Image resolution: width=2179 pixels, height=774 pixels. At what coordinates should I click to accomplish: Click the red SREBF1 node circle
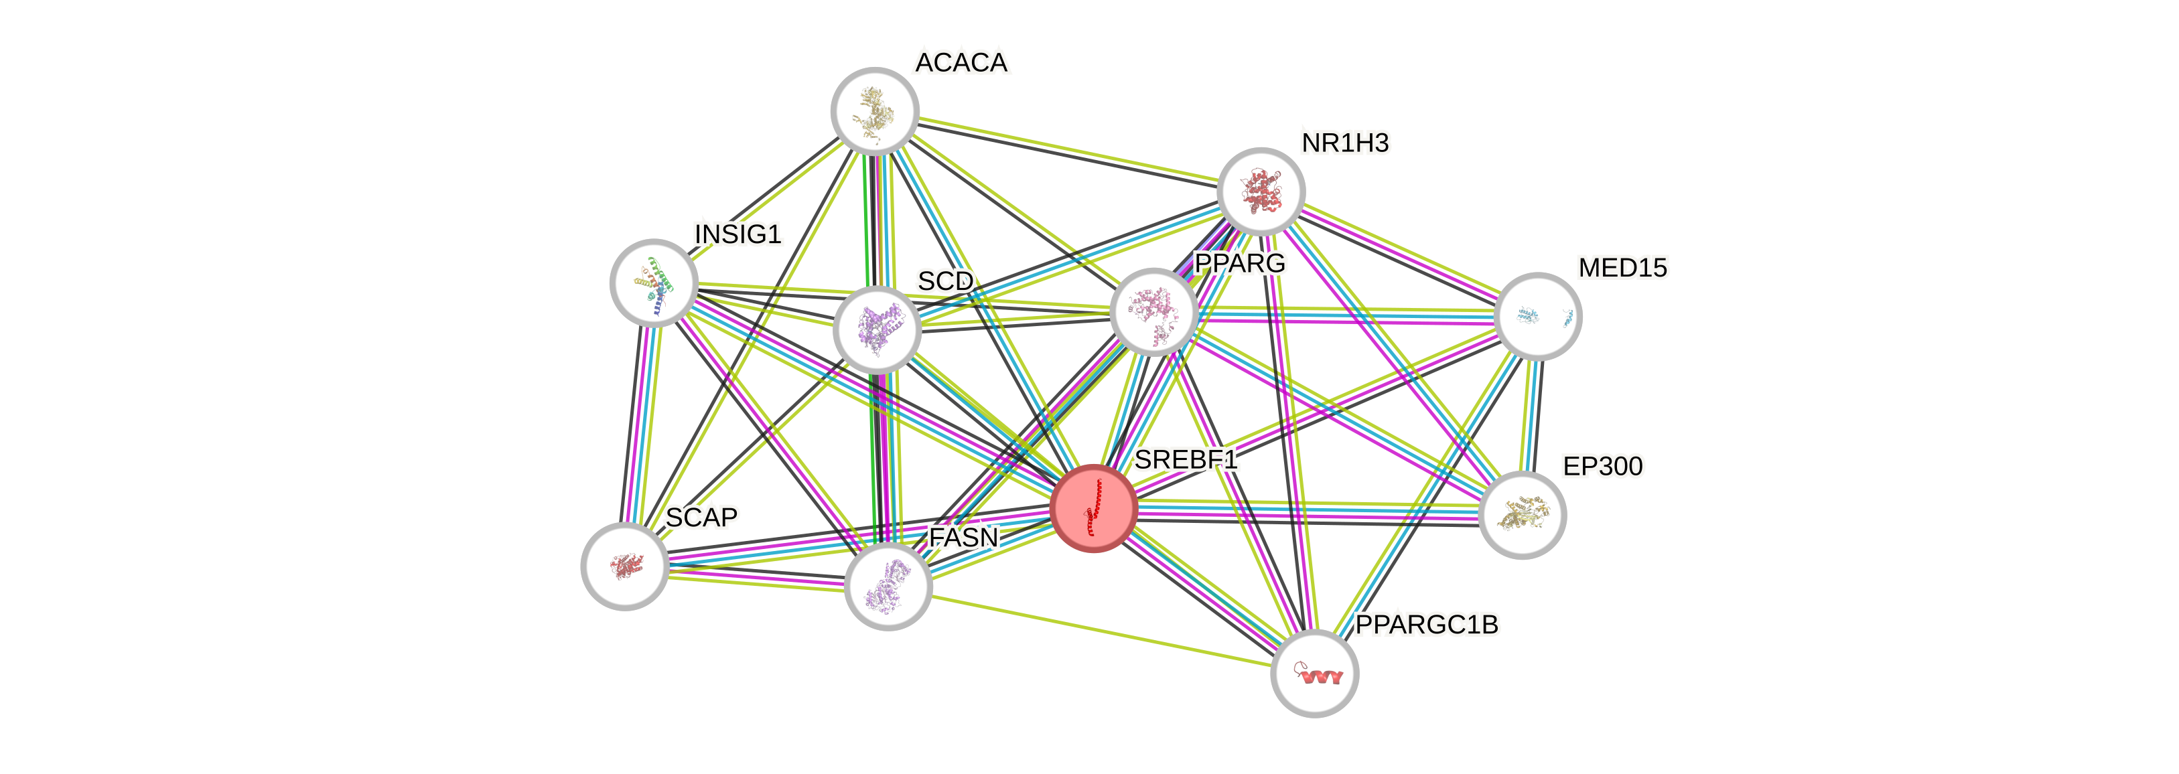pyautogui.click(x=1093, y=508)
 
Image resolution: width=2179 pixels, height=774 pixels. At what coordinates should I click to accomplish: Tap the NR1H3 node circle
pyautogui.click(x=1261, y=191)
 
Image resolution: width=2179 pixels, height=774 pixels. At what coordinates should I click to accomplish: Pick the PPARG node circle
pyautogui.click(x=1152, y=311)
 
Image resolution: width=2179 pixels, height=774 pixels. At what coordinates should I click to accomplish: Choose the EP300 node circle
pyautogui.click(x=1523, y=514)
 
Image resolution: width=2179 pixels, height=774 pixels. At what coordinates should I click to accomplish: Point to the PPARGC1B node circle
pyautogui.click(x=1314, y=674)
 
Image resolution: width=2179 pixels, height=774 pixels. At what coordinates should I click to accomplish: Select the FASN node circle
pyautogui.click(x=888, y=587)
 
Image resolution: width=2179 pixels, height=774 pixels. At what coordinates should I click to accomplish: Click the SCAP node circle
pyautogui.click(x=625, y=565)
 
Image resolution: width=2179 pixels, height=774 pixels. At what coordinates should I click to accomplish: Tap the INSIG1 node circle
pyautogui.click(x=654, y=283)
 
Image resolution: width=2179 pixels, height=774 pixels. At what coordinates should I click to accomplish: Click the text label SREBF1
pyautogui.click(x=1186, y=460)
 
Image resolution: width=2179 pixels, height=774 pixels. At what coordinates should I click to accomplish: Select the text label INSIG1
pyautogui.click(x=737, y=234)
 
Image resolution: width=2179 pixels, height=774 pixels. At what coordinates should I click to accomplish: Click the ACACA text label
pyautogui.click(x=962, y=62)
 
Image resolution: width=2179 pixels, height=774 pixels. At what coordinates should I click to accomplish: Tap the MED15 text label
pyautogui.click(x=1622, y=268)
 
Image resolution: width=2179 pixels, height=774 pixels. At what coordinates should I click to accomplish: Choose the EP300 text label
pyautogui.click(x=1602, y=466)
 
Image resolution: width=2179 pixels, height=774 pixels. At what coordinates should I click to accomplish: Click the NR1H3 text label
pyautogui.click(x=1345, y=144)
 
